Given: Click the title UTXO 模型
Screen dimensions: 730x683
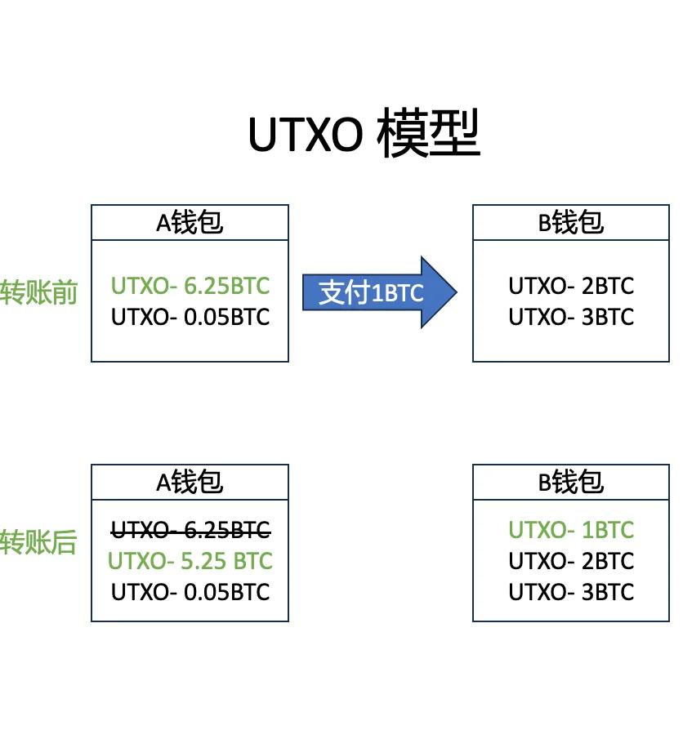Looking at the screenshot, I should [364, 134].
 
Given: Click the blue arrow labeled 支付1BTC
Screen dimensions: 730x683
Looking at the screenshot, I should [372, 292].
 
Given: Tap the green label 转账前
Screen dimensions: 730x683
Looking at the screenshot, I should [38, 292].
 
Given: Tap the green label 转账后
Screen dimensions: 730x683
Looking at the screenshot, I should [38, 541].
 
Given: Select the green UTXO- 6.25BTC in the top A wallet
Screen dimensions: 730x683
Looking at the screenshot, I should [190, 286].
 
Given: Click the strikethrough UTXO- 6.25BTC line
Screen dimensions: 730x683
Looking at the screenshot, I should [190, 531].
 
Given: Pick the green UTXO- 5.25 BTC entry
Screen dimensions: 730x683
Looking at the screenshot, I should [190, 562].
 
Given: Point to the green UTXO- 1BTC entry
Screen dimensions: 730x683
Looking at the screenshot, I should [571, 531].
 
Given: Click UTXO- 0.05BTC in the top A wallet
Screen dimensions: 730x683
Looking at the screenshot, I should [190, 317].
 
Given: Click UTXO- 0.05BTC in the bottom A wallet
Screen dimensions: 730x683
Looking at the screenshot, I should [190, 592].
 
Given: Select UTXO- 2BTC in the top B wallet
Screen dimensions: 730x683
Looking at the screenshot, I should [571, 286].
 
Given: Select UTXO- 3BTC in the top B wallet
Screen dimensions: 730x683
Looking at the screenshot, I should [571, 317].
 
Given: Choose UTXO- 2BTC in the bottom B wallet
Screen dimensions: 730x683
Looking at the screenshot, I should [571, 562].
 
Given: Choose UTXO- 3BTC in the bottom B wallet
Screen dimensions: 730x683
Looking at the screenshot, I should [571, 592].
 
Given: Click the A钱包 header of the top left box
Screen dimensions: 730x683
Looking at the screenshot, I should [190, 222].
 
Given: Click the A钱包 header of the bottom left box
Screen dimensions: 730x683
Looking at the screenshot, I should [190, 482].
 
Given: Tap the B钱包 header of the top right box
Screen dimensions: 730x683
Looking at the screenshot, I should [571, 222].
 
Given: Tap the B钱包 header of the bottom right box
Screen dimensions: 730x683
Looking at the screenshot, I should [571, 482].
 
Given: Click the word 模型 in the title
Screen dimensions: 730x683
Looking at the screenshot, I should [429, 134].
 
